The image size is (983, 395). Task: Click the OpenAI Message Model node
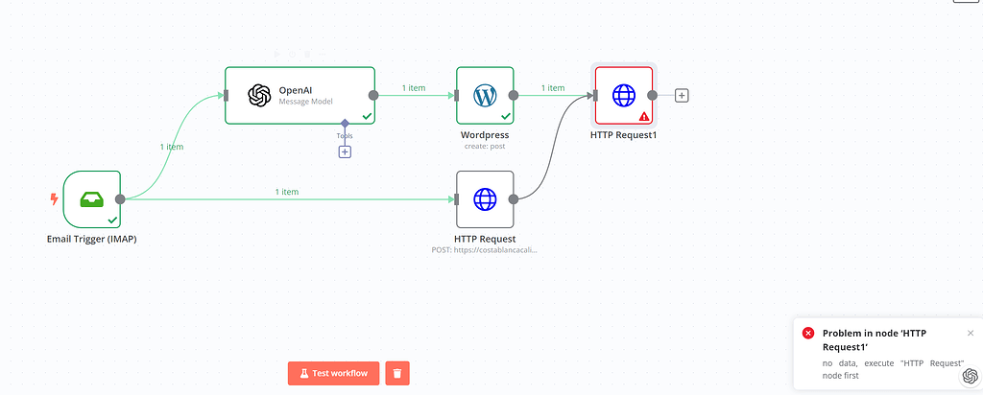[300, 95]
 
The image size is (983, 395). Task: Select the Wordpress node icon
[485, 95]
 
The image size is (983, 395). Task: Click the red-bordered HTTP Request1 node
[624, 95]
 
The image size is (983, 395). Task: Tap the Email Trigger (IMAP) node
[91, 199]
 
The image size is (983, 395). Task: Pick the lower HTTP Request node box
[485, 199]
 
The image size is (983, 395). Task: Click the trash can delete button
[398, 373]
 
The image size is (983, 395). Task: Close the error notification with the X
[971, 333]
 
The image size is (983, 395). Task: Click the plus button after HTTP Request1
[682, 95]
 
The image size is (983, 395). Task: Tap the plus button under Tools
[345, 151]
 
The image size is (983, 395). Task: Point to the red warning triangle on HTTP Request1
[644, 116]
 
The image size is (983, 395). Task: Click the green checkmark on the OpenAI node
[367, 116]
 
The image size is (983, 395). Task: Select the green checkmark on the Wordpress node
[505, 116]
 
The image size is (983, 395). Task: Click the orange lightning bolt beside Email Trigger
[54, 199]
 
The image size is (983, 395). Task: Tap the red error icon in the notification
[808, 333]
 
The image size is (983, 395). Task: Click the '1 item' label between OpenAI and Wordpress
[414, 88]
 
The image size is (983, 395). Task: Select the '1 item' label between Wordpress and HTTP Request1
[553, 88]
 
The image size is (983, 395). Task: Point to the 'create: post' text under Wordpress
[484, 147]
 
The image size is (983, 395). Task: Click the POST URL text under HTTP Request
[485, 249]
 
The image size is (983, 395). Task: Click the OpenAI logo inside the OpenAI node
[258, 95]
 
